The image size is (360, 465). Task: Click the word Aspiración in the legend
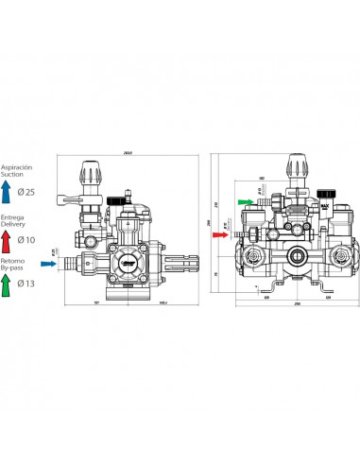(17, 166)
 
